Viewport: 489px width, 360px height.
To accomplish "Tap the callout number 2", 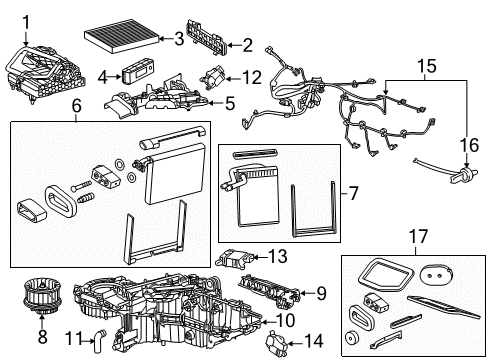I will click(246, 44).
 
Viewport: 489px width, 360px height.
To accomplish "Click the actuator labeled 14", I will click(275, 343).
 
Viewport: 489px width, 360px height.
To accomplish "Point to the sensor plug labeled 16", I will click(462, 178).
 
